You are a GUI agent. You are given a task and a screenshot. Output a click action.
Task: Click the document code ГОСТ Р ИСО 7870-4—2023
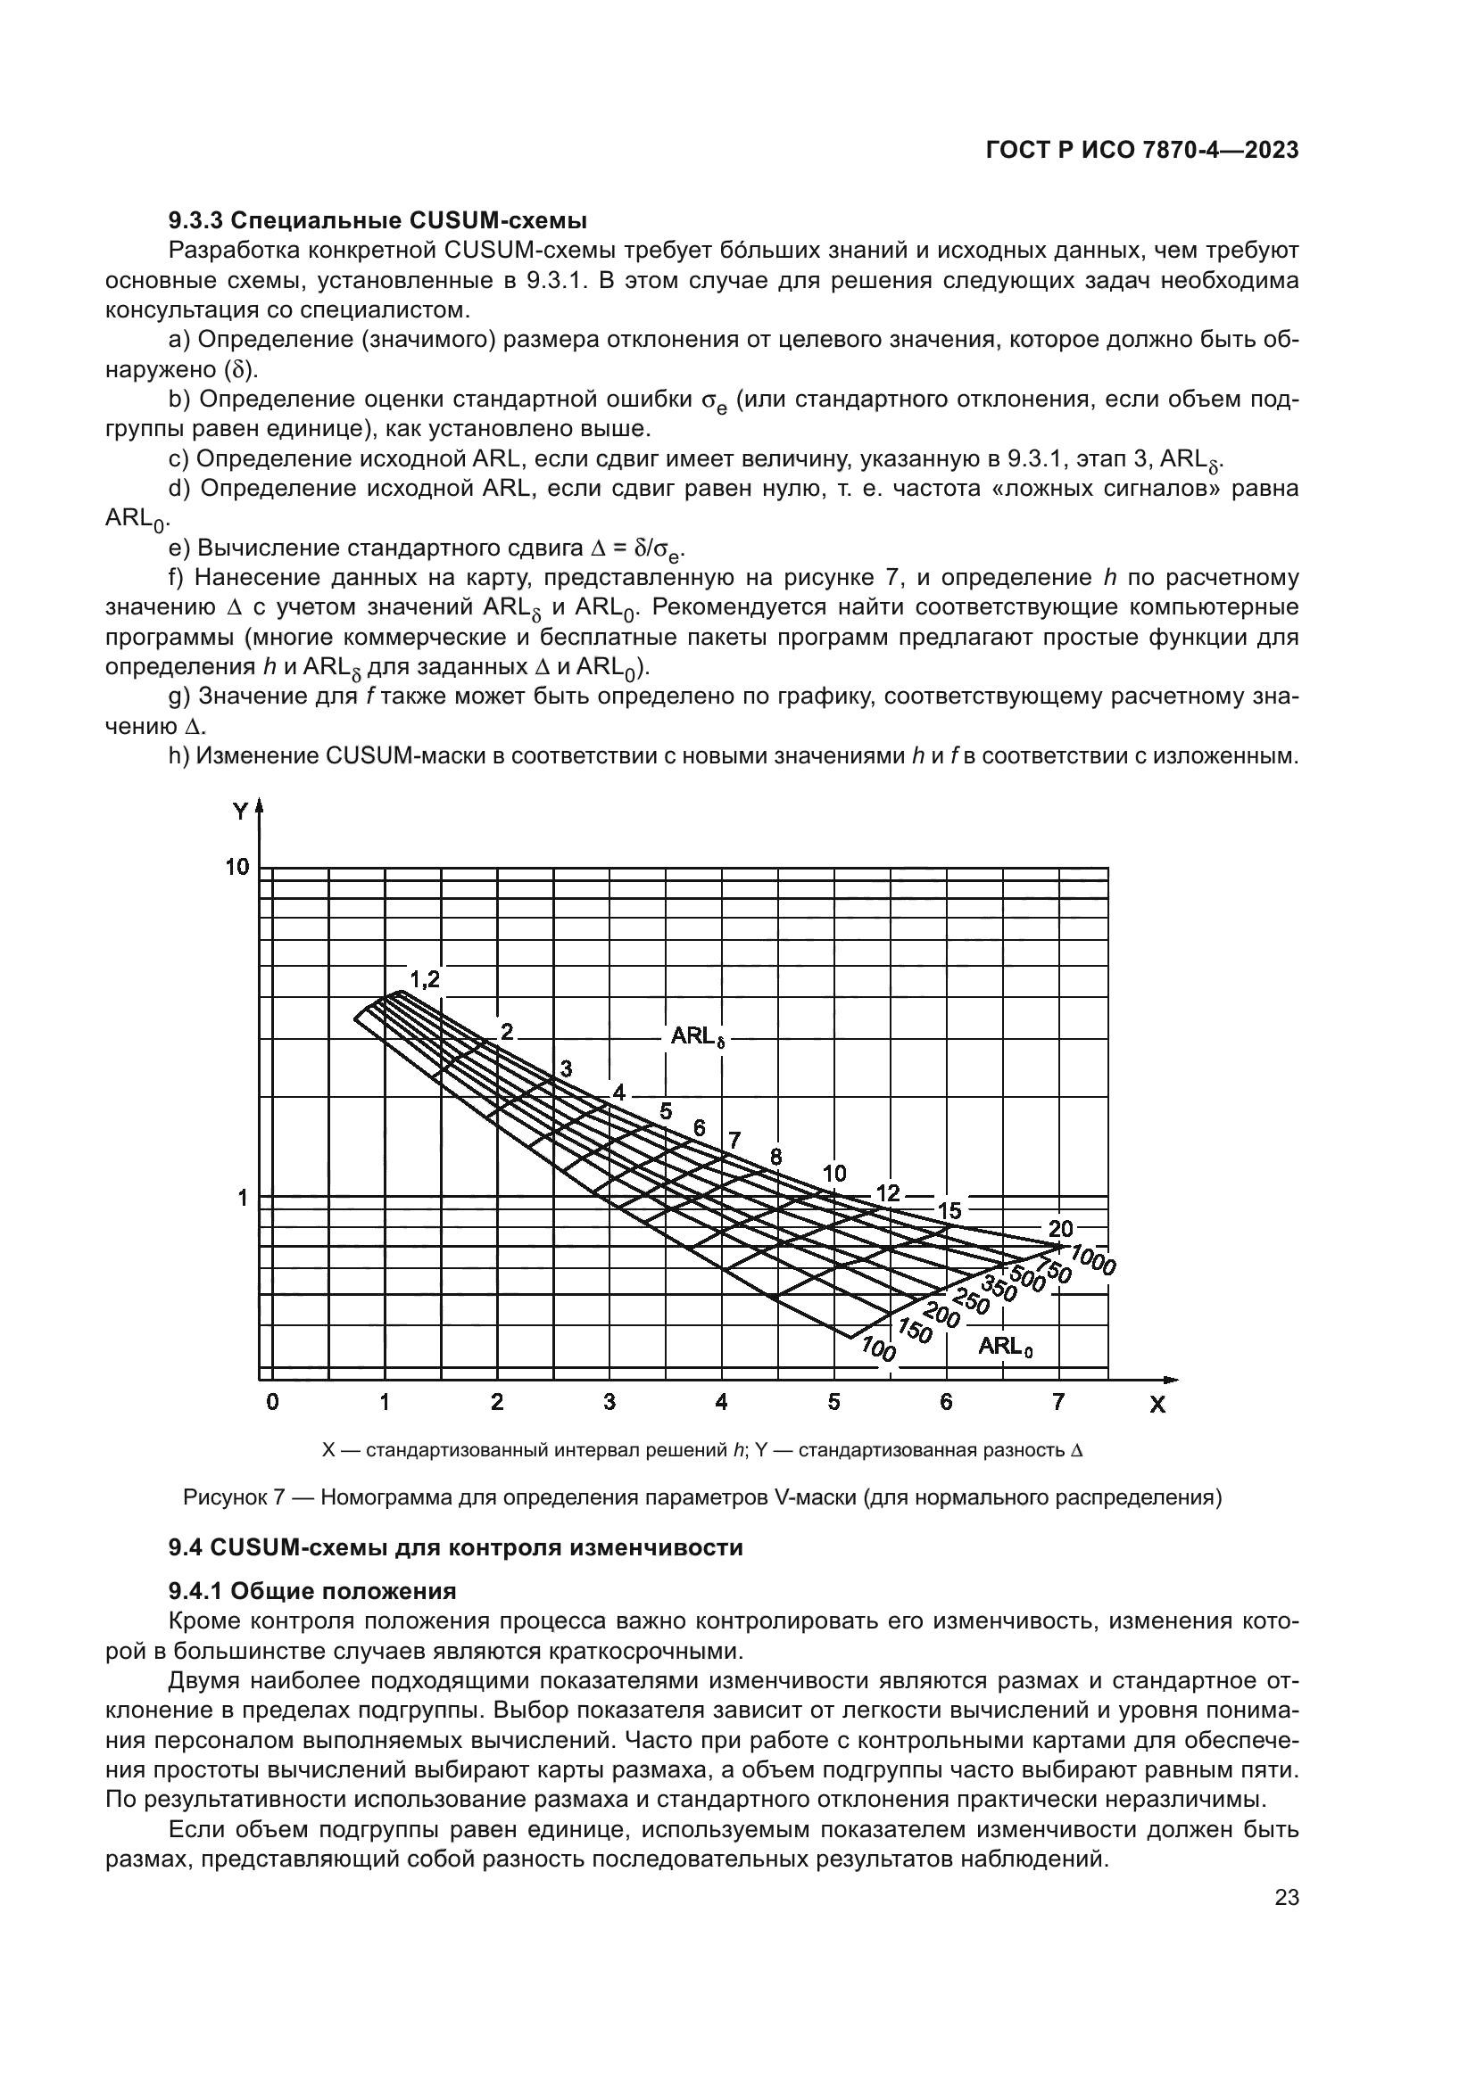pyautogui.click(x=1141, y=151)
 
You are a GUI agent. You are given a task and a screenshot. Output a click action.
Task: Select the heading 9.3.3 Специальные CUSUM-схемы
pyautogui.click(x=377, y=221)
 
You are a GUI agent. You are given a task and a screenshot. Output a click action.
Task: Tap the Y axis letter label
pyautogui.click(x=240, y=812)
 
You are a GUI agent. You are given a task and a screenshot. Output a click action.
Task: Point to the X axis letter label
pyautogui.click(x=1157, y=1406)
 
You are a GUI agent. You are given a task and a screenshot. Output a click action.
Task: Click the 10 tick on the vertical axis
pyautogui.click(x=237, y=867)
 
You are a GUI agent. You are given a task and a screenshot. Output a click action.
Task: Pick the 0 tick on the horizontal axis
pyautogui.click(x=272, y=1402)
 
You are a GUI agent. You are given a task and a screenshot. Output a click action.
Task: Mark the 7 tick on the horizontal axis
pyautogui.click(x=1058, y=1402)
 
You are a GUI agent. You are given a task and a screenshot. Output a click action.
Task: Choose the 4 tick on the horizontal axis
pyautogui.click(x=722, y=1402)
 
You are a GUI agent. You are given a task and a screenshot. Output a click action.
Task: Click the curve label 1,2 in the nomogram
pyautogui.click(x=425, y=979)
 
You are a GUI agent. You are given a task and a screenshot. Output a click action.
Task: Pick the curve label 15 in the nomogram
pyautogui.click(x=949, y=1210)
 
